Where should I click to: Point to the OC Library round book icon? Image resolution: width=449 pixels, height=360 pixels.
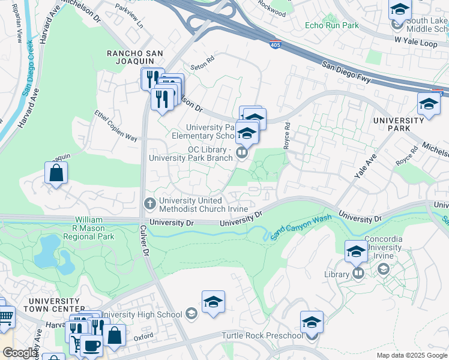pos(241,153)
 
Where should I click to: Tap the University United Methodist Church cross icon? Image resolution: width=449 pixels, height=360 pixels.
pos(151,202)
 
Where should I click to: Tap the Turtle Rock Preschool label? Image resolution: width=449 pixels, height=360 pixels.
pos(261,335)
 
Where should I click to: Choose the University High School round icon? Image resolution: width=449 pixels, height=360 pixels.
pos(191,314)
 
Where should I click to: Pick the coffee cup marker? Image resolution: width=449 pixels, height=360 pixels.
pos(91,347)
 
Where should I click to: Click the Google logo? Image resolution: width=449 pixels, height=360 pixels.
pos(20,353)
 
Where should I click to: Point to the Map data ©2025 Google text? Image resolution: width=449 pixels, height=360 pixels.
pos(412,355)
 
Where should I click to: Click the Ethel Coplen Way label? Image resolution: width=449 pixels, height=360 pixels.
pos(116,126)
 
